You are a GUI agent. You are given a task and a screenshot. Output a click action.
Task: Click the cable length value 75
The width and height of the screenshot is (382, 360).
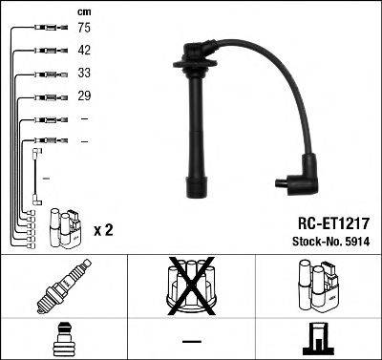[83, 30]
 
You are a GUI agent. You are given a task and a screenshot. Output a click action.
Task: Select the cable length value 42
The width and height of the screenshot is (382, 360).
[83, 52]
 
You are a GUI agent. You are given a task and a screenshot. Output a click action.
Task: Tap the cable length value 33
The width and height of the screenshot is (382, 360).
[83, 74]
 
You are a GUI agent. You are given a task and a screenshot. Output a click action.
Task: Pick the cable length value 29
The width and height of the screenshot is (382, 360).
[83, 96]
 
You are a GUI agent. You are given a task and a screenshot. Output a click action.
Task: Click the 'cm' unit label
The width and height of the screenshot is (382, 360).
[82, 11]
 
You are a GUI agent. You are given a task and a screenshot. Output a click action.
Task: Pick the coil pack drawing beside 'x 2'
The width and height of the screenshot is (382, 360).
[64, 229]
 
